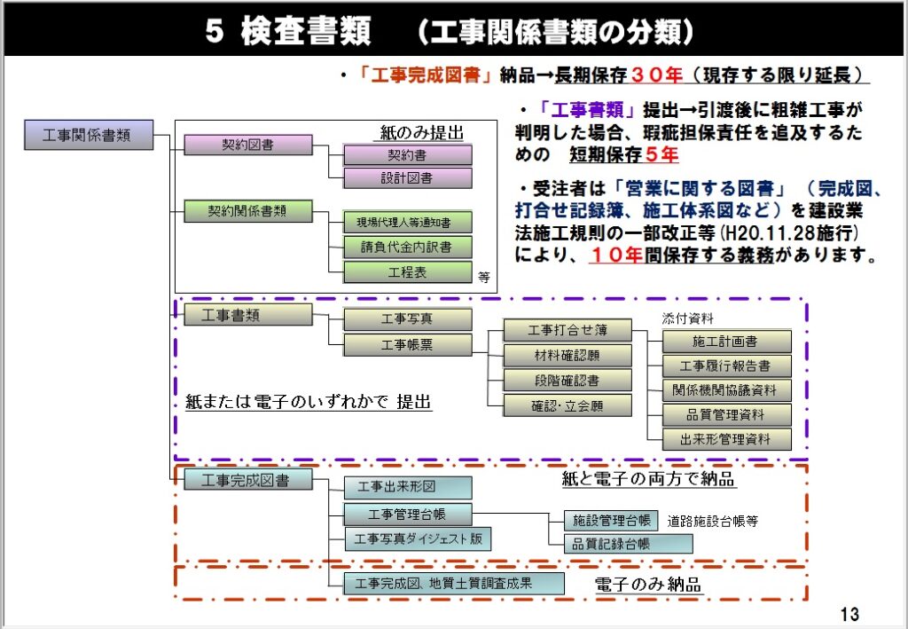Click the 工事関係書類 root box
88,135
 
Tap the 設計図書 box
408,177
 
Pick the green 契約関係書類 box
248,211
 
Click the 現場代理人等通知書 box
408,222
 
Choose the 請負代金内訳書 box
408,247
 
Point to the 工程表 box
408,271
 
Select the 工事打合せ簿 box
567,331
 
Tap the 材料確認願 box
567,356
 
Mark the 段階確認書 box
567,381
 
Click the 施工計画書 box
726,342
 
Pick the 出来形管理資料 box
726,438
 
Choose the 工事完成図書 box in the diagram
248,480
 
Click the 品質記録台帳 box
628,544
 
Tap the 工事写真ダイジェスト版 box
416,539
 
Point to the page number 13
849,614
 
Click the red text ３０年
656,75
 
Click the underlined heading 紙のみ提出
421,133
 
